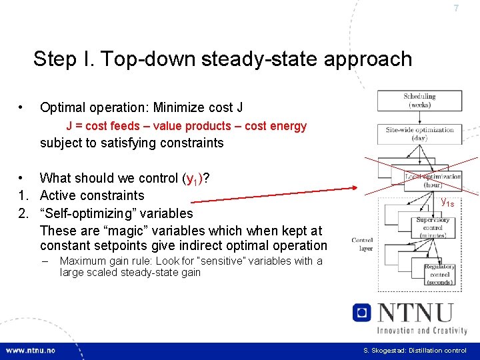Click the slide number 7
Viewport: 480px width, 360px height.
point(456,9)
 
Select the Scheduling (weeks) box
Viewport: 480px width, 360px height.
point(419,101)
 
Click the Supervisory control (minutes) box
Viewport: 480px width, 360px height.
point(433,227)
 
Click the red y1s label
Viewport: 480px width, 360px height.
point(447,201)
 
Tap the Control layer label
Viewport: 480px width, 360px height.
point(362,244)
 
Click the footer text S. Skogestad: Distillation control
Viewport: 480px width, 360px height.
point(415,351)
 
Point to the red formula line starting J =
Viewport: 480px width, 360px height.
point(186,126)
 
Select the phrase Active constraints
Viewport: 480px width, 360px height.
point(92,195)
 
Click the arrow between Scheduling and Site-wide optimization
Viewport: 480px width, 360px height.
point(419,117)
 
